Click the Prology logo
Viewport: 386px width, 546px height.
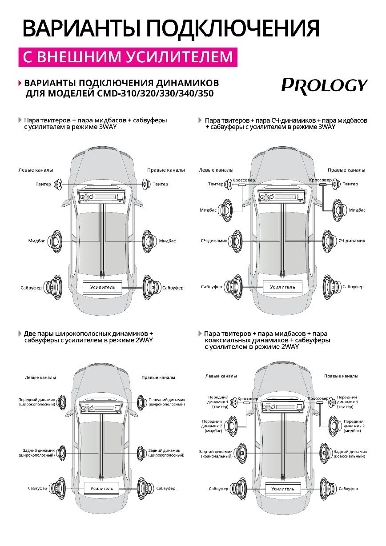click(x=324, y=84)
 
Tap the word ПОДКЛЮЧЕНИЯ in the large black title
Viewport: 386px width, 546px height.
click(x=233, y=29)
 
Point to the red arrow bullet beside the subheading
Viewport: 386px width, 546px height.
click(x=20, y=84)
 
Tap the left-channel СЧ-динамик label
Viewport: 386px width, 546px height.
click(x=214, y=241)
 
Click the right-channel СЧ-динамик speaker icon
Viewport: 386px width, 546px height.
click(x=327, y=241)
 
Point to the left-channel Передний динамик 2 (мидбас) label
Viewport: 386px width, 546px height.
click(x=212, y=426)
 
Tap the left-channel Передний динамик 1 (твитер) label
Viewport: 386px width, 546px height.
click(x=217, y=401)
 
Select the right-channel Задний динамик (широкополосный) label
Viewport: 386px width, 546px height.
click(x=166, y=453)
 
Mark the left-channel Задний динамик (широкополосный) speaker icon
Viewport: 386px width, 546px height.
click(x=62, y=453)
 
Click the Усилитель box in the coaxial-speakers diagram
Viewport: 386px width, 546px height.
click(x=283, y=489)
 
